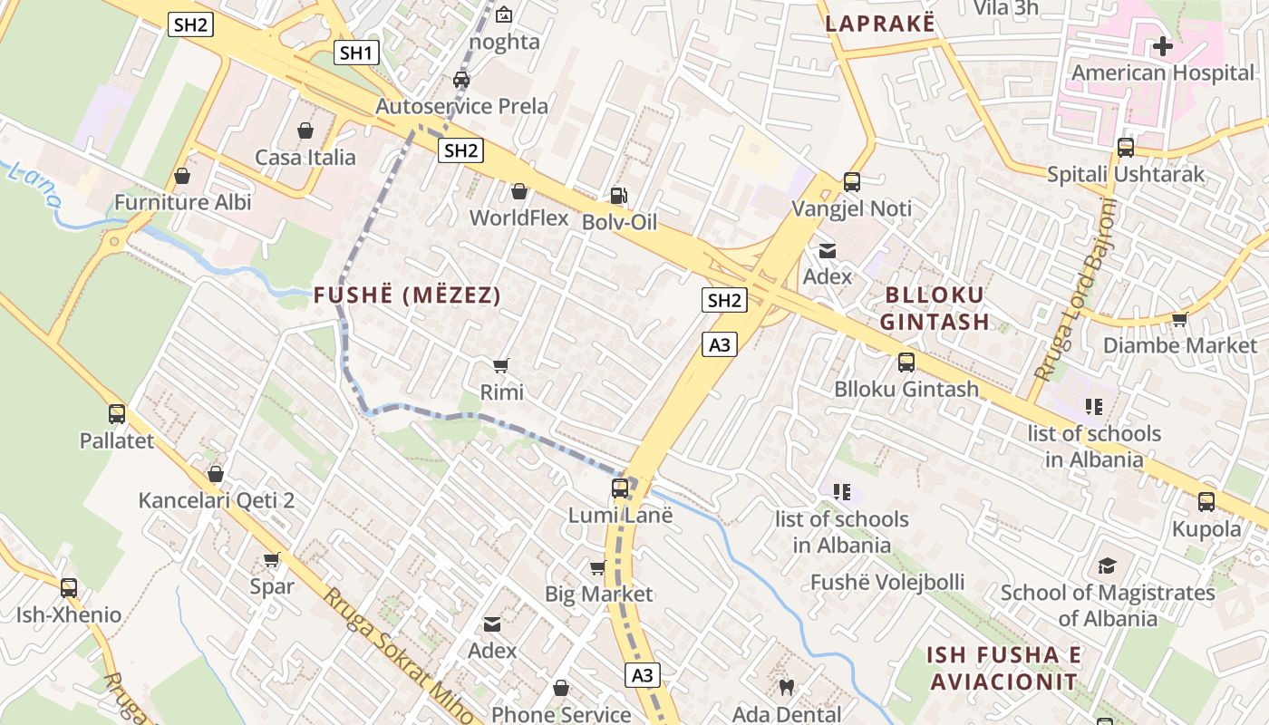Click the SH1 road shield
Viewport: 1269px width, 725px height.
356,53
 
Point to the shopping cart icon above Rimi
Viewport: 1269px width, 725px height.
500,365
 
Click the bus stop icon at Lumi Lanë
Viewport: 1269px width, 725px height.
620,488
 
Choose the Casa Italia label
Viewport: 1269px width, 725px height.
305,158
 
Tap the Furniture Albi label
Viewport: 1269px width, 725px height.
183,202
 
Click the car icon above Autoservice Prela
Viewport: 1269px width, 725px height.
461,79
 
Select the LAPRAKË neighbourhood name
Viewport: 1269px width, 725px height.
880,24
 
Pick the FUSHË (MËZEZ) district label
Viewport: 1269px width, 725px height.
407,295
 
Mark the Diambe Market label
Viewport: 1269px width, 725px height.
1180,345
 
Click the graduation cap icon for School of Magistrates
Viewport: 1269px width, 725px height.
1107,566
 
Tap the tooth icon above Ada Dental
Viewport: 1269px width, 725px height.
787,688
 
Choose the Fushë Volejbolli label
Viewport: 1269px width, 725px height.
887,582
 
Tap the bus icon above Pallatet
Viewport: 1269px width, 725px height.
117,414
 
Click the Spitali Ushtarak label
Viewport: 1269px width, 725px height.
1126,174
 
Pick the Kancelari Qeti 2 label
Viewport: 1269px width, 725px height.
217,500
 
